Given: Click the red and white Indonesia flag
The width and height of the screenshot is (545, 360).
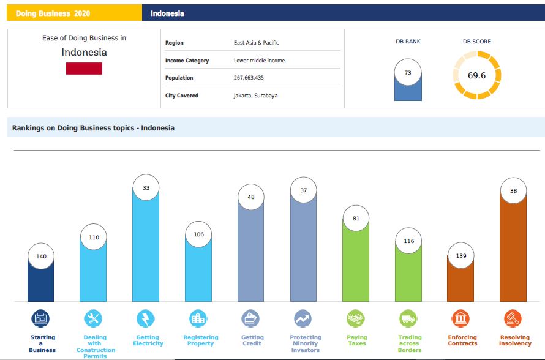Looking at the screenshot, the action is click(x=84, y=69).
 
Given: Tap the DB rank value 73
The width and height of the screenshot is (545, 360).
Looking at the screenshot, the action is click(x=408, y=73).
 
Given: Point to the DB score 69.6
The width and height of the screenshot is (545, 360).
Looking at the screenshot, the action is click(x=476, y=75).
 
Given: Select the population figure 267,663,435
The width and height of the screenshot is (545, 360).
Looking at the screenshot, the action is click(x=249, y=78).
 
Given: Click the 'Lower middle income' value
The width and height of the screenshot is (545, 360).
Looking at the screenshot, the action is click(x=259, y=61).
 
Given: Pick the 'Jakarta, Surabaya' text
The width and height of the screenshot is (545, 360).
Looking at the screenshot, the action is click(x=255, y=96).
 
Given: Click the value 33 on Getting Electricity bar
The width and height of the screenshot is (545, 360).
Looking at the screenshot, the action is click(x=146, y=187).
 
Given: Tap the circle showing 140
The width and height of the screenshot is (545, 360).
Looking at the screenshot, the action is click(x=41, y=256).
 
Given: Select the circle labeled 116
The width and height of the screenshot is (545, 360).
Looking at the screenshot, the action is click(x=409, y=241).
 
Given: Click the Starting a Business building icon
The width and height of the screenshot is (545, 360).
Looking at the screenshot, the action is click(x=40, y=318).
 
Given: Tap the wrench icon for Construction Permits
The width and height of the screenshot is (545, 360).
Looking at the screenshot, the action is click(x=93, y=318).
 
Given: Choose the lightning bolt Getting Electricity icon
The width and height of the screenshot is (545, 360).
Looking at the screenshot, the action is click(x=146, y=318).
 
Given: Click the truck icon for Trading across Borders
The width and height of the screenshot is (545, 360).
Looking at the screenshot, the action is click(x=408, y=318).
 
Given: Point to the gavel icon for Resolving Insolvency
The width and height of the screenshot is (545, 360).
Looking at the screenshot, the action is click(x=513, y=318).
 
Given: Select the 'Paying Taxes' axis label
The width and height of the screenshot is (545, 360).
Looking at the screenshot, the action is click(x=357, y=340).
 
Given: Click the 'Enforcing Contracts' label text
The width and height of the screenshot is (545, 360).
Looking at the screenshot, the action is click(x=462, y=340).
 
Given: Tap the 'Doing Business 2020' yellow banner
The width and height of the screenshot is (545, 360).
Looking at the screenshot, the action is click(x=74, y=13).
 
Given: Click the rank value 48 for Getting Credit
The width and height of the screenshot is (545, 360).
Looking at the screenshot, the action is click(x=251, y=197).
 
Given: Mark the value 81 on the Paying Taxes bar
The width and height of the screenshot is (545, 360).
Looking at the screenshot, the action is click(x=356, y=218).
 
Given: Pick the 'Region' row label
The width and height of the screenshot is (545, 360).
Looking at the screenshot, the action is click(x=174, y=43).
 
